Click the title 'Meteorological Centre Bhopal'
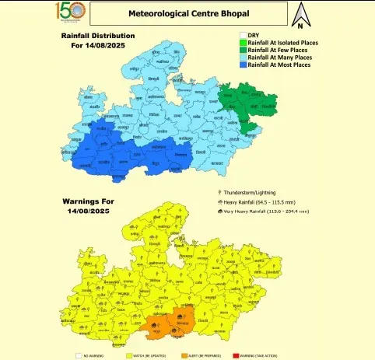[182, 14]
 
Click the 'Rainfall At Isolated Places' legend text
[284, 44]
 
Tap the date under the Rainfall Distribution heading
[97, 45]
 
